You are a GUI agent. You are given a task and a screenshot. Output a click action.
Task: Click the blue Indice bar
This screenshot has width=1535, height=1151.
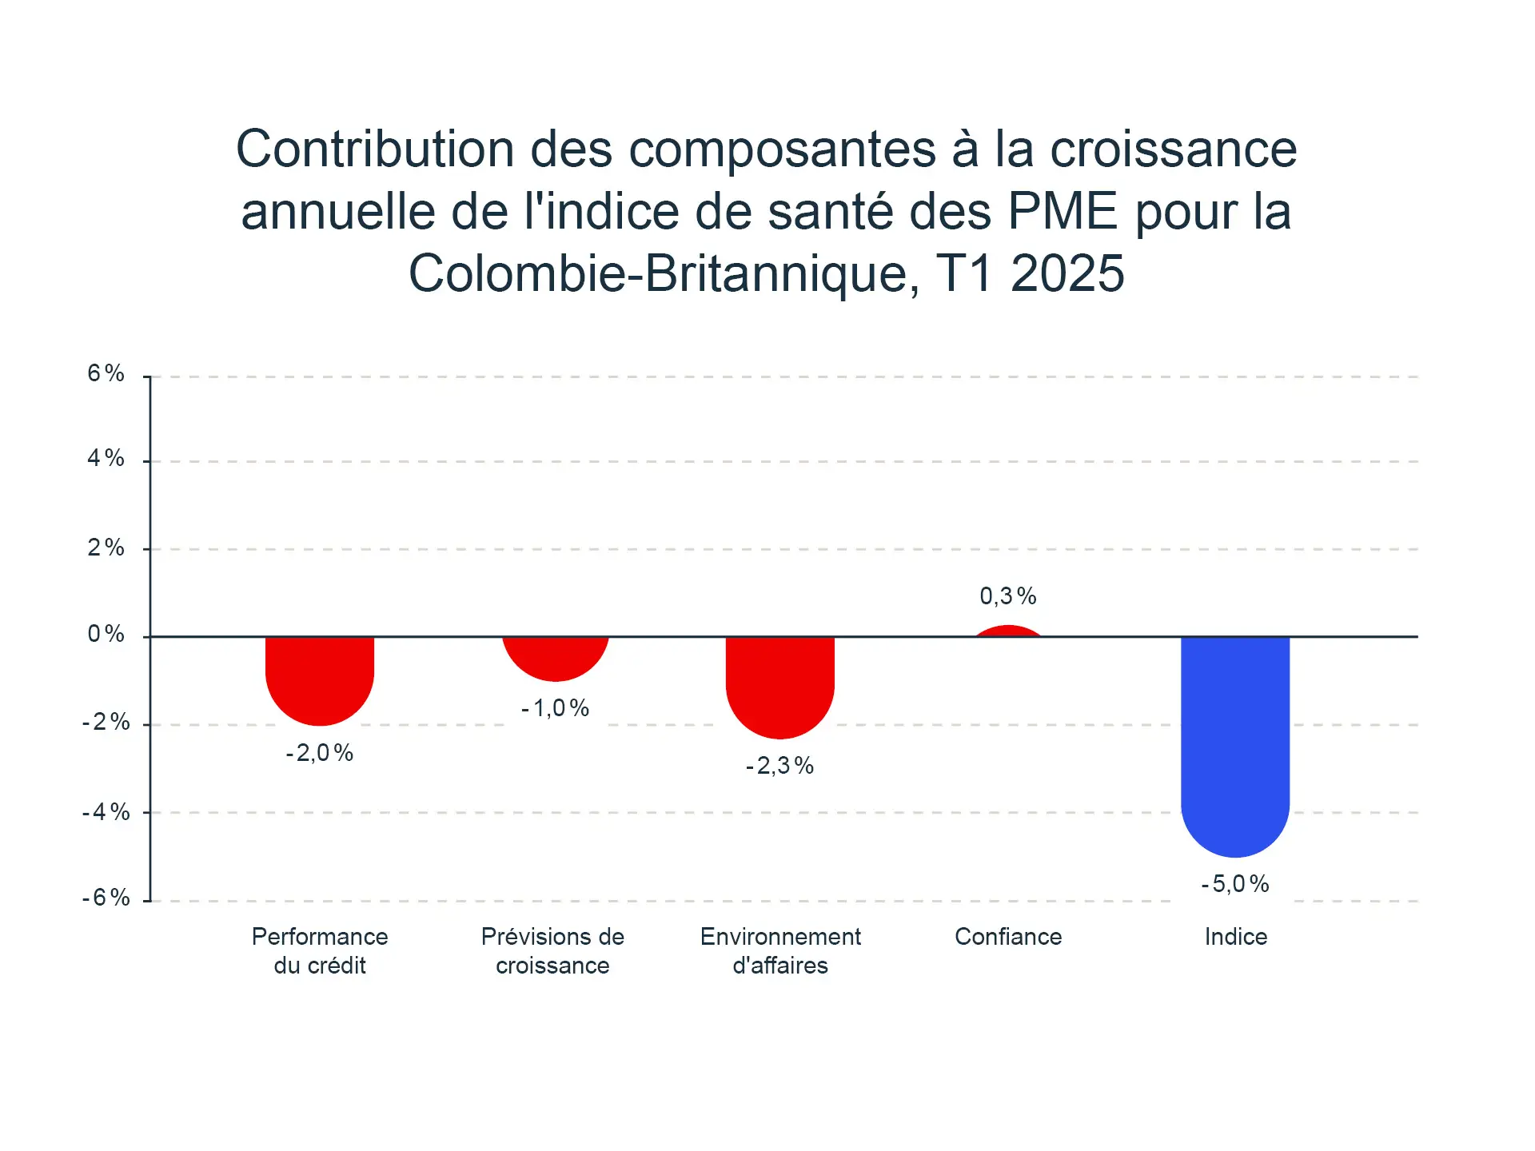(x=1235, y=743)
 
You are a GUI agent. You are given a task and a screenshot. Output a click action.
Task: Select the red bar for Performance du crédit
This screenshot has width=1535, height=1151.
(x=320, y=679)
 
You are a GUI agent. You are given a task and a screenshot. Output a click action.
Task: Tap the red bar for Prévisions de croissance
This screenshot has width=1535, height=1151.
(x=556, y=658)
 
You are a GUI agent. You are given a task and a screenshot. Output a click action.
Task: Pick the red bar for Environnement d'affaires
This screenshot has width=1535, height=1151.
(x=780, y=686)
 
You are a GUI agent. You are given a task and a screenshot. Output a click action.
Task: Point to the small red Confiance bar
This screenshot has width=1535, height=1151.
(x=1008, y=631)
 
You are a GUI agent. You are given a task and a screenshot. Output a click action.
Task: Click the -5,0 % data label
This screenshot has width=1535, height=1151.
(x=1235, y=884)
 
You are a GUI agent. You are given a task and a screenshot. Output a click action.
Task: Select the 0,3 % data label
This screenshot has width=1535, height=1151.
(x=1008, y=596)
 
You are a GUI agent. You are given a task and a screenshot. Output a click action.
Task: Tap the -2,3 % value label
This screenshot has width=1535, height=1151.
(x=780, y=766)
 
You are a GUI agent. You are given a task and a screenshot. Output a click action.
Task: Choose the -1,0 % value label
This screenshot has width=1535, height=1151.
(x=556, y=708)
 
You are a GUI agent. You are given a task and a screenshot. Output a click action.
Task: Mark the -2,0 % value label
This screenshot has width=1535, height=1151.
(x=320, y=753)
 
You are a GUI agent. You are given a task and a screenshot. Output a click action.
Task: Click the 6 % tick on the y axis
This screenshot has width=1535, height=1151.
(x=106, y=373)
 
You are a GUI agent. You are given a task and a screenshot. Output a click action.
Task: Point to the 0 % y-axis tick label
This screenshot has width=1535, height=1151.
(x=106, y=635)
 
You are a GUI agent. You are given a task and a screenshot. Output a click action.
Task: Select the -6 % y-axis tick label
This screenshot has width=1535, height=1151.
(x=106, y=898)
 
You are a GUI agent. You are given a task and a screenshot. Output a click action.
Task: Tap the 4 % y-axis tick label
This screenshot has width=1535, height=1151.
(x=106, y=458)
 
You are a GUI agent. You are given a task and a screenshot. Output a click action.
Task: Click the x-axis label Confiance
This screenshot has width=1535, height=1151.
(x=1008, y=937)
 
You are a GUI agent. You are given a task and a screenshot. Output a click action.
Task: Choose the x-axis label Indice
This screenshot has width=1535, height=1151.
(x=1236, y=937)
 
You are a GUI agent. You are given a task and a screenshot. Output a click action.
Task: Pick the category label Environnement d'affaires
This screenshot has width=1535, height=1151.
(x=780, y=951)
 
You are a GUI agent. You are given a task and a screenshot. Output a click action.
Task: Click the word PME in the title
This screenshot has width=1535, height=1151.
(x=1063, y=212)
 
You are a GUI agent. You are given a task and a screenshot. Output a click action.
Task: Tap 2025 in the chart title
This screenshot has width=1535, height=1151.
(x=1067, y=274)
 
